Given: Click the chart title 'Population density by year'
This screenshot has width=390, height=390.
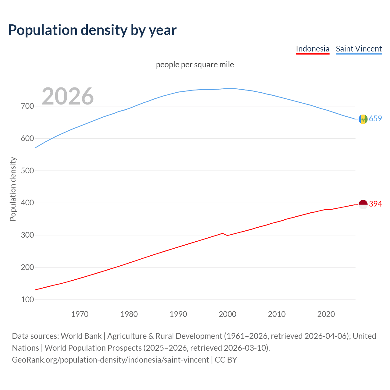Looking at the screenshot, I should pos(92,30).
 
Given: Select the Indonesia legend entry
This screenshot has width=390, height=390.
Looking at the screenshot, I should pos(313,49).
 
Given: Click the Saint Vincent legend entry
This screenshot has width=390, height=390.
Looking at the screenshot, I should pos(359,49).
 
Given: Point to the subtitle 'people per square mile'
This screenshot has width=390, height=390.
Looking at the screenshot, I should pos(195,65).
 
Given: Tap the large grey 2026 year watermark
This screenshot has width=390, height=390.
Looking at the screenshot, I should pos(68,96).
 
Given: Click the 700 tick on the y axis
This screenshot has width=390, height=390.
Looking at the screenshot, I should pos(27,106).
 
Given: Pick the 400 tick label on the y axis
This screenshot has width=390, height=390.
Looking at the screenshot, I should pos(27,203).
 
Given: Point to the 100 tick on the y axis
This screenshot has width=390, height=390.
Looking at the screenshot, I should pos(27,300).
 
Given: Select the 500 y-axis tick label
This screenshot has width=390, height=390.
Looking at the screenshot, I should pos(27,171).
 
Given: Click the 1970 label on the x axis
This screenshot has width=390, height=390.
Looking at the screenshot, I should pos(80,314).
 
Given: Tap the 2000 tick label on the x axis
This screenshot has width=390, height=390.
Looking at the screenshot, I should pos(228,314).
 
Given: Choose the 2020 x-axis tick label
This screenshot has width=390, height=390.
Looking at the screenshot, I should pos(326,314).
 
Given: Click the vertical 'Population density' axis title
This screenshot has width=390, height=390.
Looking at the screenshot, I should pos(13,189).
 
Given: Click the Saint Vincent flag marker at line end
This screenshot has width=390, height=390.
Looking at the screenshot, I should pos(363,119).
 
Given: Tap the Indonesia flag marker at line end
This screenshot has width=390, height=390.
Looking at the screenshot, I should pos(363,204).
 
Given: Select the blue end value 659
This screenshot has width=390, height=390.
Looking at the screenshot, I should pos(375,119).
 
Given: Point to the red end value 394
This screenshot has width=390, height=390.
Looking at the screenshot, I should pos(375,204).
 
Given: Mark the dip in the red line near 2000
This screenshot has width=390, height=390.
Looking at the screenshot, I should pos(227,235).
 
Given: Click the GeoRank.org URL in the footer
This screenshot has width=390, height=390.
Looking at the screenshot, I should pos(110,360).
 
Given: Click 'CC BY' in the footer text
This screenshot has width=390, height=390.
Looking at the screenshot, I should pos(226,360).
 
